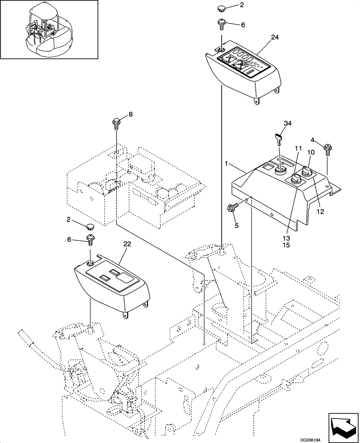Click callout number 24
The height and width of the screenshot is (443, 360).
pyautogui.click(x=274, y=38)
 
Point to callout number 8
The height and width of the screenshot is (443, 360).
pyautogui.click(x=130, y=114)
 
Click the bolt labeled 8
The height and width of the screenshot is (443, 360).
pyautogui.click(x=117, y=122)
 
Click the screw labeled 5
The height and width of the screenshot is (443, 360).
pyautogui.click(x=232, y=207)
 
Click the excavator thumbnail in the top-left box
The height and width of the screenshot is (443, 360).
pyautogui.click(x=49, y=30)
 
